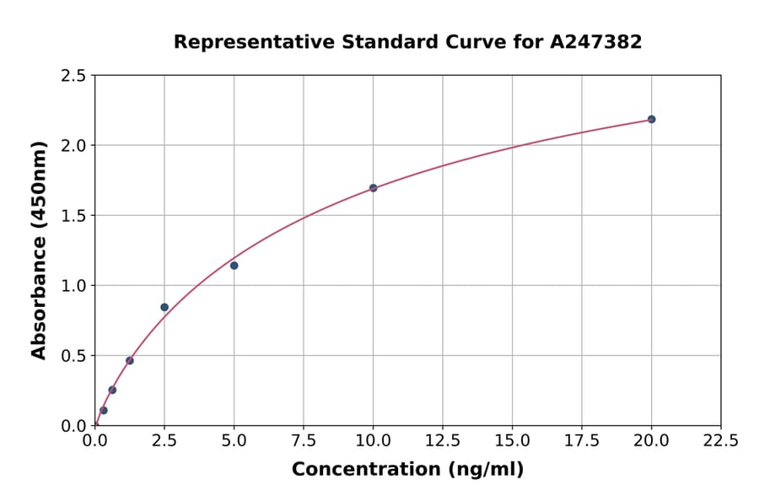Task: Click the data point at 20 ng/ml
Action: (651, 119)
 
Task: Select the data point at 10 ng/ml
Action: (373, 188)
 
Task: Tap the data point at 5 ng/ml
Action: (234, 266)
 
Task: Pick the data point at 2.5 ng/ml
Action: (164, 307)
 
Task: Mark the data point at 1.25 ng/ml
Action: (130, 360)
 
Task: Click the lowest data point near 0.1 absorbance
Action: (104, 411)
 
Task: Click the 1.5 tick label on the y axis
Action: (74, 216)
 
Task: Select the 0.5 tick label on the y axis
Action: (74, 356)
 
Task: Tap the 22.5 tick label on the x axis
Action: (720, 440)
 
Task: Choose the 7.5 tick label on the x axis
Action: (304, 440)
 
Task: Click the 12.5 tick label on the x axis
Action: (443, 440)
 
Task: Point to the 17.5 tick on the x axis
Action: (582, 440)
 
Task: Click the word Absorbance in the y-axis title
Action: (39, 299)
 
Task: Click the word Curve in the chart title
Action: (434, 42)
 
